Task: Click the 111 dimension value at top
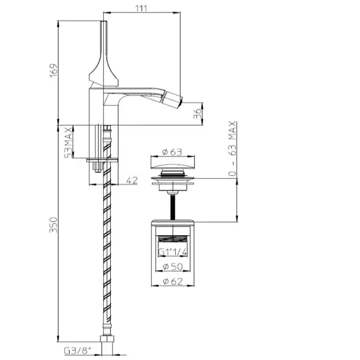click(142, 7)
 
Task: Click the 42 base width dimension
click(132, 180)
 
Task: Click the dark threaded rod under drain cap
click(173, 206)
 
